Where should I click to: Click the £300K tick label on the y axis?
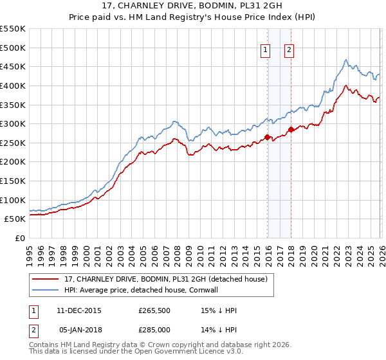tap(12, 123)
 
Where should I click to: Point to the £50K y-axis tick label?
tap(15, 219)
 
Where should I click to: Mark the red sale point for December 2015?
tap(268, 136)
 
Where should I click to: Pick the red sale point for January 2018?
tap(291, 129)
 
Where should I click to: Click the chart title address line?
tap(193, 6)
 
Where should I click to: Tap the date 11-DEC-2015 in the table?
tap(78, 310)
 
